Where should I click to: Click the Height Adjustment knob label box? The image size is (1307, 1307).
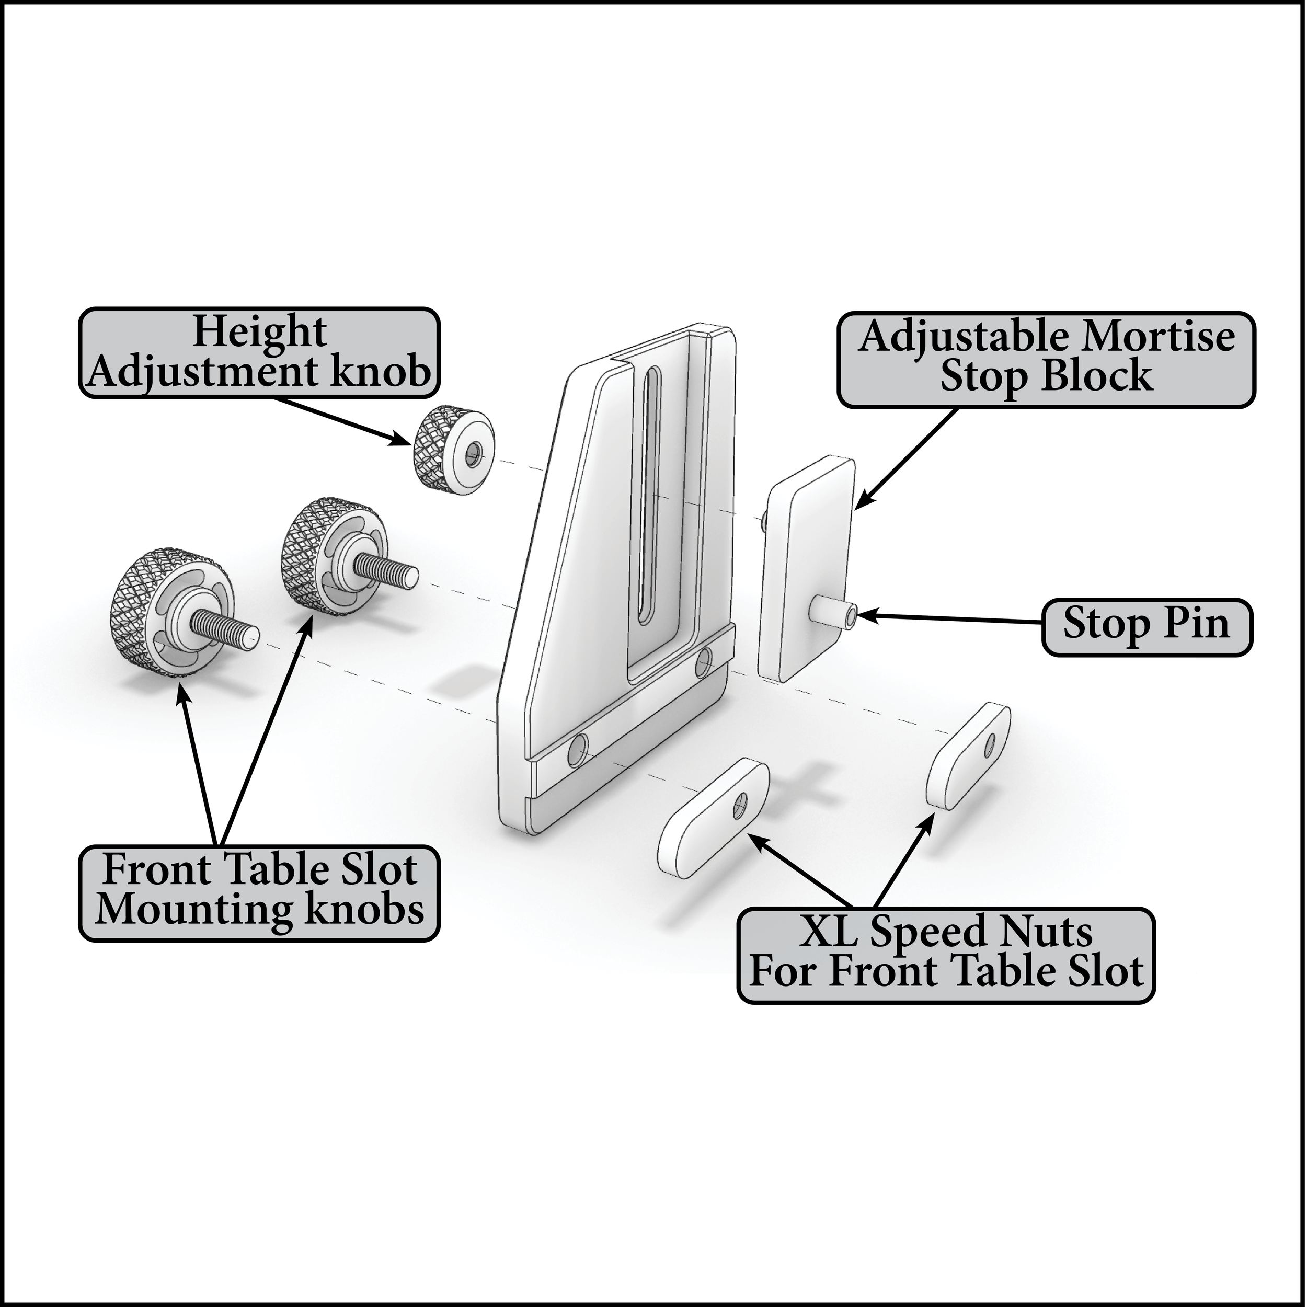click(x=260, y=352)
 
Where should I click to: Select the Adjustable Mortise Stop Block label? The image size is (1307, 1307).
click(x=1046, y=359)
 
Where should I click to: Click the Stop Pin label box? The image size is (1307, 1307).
click(x=1146, y=626)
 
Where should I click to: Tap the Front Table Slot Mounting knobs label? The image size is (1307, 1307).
click(x=260, y=892)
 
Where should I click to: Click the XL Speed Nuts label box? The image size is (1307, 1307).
click(x=946, y=955)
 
